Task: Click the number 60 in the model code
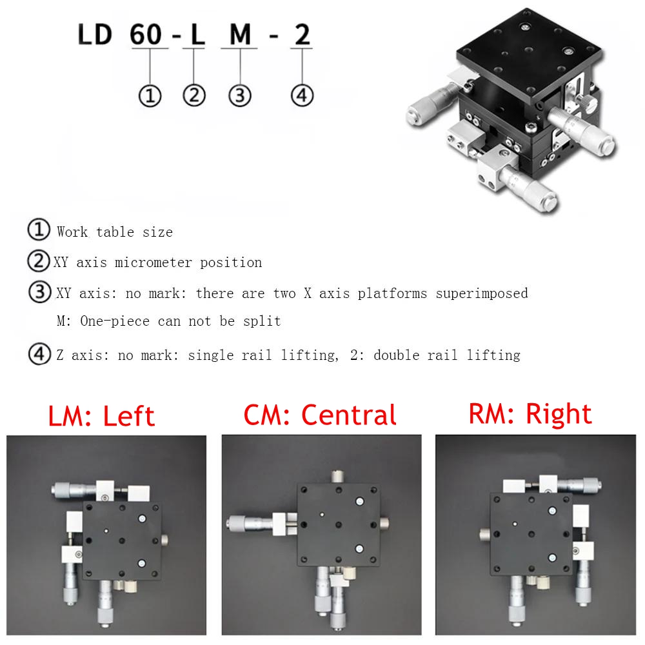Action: click(146, 34)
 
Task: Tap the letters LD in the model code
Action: click(95, 34)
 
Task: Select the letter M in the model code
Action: click(240, 34)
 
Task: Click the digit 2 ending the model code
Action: click(303, 34)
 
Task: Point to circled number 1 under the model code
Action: click(150, 96)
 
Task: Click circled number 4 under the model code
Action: click(302, 95)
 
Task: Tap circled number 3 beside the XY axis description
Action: click(40, 292)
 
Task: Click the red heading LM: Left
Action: click(101, 416)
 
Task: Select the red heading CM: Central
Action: click(320, 415)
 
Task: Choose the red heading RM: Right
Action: click(530, 414)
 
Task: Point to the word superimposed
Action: click(482, 293)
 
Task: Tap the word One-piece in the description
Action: click(115, 321)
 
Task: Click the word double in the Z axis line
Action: click(397, 355)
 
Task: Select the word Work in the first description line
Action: click(72, 232)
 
